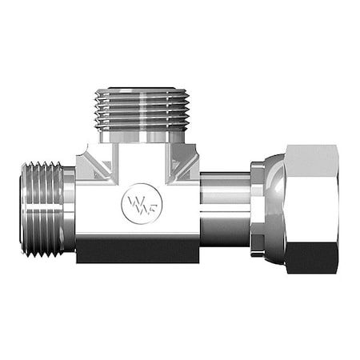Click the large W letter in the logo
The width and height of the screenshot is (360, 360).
click(x=133, y=200)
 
